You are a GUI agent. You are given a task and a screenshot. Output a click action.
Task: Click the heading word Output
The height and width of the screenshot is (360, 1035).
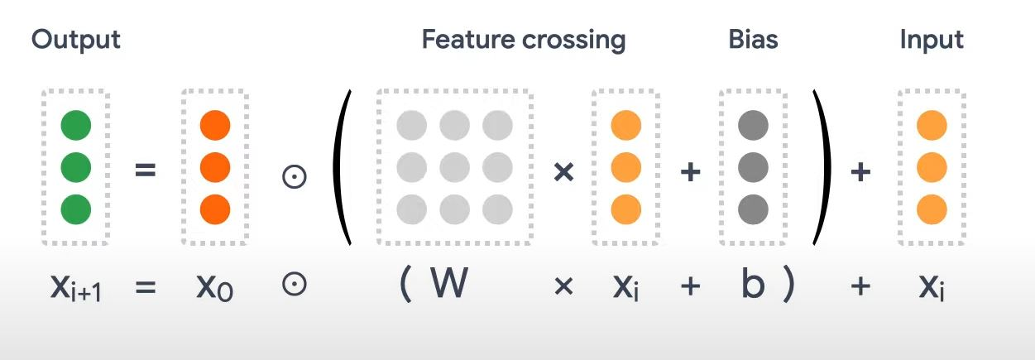tap(76, 40)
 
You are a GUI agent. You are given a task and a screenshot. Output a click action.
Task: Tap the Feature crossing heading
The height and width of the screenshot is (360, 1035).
tap(523, 40)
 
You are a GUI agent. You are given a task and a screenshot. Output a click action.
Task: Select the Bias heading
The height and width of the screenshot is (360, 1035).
tap(753, 40)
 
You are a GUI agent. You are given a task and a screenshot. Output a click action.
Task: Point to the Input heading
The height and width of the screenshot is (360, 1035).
tap(932, 40)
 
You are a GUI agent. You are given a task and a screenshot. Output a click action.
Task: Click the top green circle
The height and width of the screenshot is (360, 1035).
tap(75, 127)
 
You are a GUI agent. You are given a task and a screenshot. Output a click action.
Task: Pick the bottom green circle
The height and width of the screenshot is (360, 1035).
tap(75, 207)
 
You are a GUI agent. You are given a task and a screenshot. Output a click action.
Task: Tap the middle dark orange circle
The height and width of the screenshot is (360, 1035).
tap(214, 167)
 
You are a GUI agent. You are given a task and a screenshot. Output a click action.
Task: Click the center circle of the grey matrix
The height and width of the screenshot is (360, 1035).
tap(454, 167)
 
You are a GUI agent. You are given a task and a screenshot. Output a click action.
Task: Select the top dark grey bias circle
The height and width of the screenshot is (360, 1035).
tap(752, 127)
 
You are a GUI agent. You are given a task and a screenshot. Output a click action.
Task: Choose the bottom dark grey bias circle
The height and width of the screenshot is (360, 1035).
tap(752, 207)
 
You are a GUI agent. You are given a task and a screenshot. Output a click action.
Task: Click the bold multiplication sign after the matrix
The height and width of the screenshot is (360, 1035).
tap(563, 174)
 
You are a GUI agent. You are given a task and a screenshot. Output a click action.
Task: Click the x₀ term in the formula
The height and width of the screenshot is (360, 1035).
tap(214, 287)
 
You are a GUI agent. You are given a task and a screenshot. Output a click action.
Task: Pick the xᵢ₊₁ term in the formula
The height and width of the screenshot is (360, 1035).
tap(75, 288)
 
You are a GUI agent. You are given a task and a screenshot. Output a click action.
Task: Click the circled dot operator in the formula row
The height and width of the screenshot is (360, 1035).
tap(295, 286)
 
